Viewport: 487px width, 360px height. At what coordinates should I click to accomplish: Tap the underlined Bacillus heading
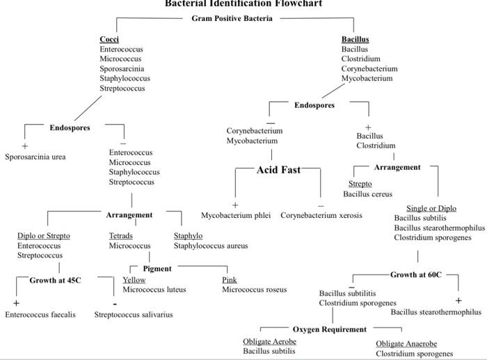[355, 39]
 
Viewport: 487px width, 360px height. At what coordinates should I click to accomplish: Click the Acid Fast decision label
[278, 170]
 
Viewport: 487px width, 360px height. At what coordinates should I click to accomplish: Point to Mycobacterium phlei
[236, 215]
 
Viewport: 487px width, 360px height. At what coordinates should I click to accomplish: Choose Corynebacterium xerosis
[321, 215]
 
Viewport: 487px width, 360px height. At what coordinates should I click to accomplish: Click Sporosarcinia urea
[35, 157]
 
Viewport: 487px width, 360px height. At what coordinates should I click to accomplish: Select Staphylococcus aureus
[210, 246]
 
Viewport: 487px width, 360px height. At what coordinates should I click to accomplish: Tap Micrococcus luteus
[154, 289]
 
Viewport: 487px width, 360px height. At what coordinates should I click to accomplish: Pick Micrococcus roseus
[254, 289]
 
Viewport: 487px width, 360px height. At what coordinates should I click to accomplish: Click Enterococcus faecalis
[40, 315]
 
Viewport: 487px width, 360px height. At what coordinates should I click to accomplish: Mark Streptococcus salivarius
[134, 315]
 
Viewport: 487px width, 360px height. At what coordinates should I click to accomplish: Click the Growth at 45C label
[55, 280]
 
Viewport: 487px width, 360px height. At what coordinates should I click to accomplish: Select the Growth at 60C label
[415, 274]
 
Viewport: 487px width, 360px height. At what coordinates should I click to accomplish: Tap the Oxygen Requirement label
[329, 329]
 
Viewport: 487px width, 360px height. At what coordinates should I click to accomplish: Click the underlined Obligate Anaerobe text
[406, 344]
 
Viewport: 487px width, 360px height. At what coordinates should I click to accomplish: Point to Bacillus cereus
[367, 194]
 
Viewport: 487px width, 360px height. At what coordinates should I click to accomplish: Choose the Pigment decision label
[157, 268]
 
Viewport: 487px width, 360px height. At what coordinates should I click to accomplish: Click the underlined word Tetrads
[121, 236]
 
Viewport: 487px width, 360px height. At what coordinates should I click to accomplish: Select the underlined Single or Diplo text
[431, 208]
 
